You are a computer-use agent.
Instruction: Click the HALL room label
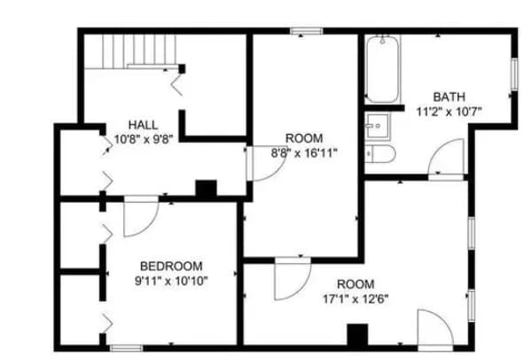pyautogui.click(x=143, y=124)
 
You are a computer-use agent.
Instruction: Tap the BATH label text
pyautogui.click(x=448, y=96)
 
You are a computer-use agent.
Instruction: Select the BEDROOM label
pyautogui.click(x=171, y=266)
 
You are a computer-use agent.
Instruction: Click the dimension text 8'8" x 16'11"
pyautogui.click(x=304, y=153)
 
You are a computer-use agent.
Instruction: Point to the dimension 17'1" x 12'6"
pyautogui.click(x=356, y=298)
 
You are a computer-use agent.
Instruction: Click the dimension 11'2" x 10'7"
pyautogui.click(x=448, y=112)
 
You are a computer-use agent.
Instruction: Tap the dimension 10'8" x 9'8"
pyautogui.click(x=143, y=139)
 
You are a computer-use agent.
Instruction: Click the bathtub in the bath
pyautogui.click(x=382, y=69)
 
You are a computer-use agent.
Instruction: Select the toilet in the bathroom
pyautogui.click(x=381, y=154)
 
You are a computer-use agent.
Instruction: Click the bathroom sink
pyautogui.click(x=379, y=126)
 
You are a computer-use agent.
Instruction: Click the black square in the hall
pyautogui.click(x=206, y=189)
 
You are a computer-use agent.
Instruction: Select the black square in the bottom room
pyautogui.click(x=356, y=336)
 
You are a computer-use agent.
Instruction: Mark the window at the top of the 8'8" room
pyautogui.click(x=304, y=33)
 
